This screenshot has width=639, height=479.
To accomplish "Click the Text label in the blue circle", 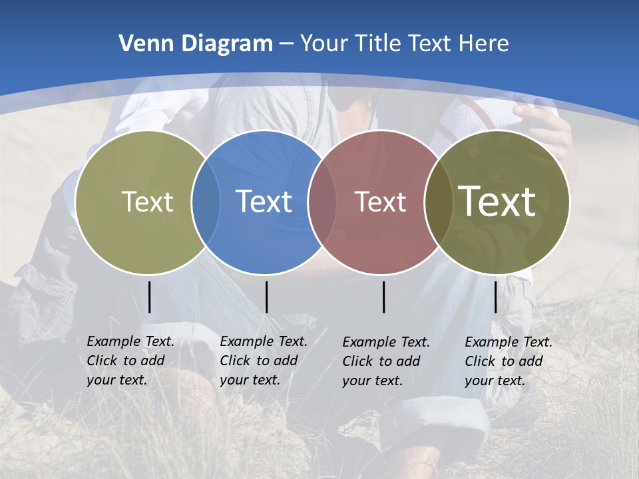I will [x=264, y=202].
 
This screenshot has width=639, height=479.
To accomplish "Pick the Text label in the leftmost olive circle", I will [x=147, y=202].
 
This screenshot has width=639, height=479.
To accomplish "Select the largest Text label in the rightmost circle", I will [x=497, y=201].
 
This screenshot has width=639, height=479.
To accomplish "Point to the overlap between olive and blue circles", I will [x=206, y=202].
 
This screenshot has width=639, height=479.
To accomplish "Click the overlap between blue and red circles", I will [x=322, y=202].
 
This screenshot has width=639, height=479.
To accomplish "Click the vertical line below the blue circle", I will [x=266, y=297].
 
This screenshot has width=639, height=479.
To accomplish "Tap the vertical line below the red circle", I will [x=384, y=297].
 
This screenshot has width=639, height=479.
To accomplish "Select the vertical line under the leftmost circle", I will [x=149, y=297].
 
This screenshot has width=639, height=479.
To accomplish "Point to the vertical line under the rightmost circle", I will [x=495, y=297].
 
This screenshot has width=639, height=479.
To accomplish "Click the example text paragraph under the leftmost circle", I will [x=130, y=361].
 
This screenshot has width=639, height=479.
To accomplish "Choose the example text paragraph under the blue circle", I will [x=263, y=361].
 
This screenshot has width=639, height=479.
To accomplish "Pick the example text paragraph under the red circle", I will [x=385, y=361].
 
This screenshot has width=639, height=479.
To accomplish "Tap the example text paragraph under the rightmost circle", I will [x=508, y=361].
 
